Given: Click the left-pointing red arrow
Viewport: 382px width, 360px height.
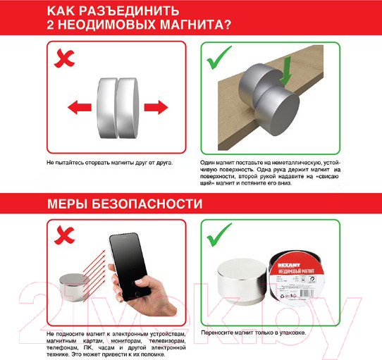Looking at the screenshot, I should click(80, 108).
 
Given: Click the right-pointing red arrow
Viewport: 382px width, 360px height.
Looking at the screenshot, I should click(155, 108).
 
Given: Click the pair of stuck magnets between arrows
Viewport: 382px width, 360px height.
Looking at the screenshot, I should click(117, 108).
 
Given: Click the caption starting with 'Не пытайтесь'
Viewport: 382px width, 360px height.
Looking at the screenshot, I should click(109, 162).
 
